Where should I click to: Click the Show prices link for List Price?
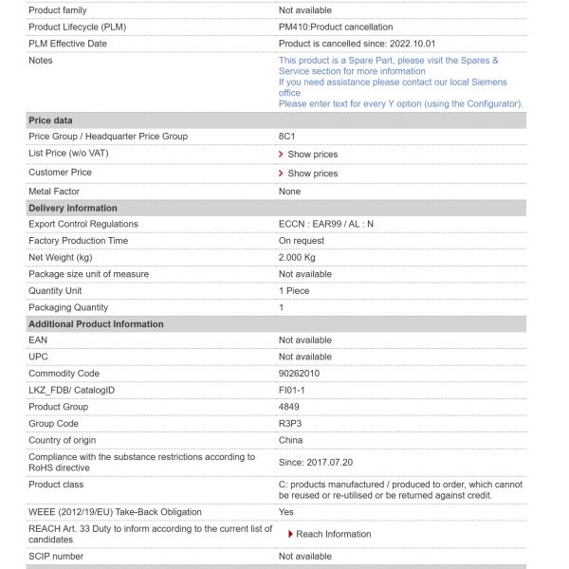coord(312,155)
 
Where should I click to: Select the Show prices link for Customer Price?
coord(312,174)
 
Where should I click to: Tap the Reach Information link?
coord(334,534)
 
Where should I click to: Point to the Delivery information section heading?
coord(73,208)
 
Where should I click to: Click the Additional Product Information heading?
coord(96,324)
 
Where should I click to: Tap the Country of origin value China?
coord(291,440)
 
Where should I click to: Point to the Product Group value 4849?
coord(289,407)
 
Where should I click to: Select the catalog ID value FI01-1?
coord(294,391)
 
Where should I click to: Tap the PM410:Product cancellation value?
coord(336,27)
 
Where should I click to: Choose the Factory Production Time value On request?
coord(302,241)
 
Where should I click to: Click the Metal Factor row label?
coord(56,192)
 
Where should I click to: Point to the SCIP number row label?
coord(56,557)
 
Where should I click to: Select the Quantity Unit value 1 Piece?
coord(294,291)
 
